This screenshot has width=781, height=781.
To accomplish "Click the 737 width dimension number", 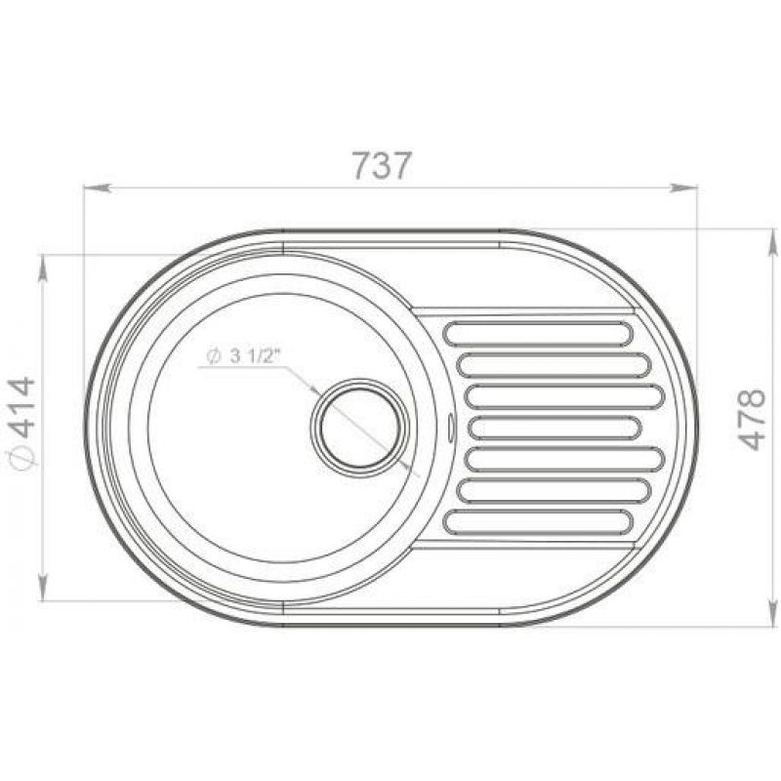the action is (382, 165).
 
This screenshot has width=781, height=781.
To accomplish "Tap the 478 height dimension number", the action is (751, 420).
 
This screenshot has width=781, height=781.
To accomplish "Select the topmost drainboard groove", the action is (538, 334).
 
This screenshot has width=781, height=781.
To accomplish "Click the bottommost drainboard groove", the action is (538, 522).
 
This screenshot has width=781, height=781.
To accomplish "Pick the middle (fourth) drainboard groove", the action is (555, 428).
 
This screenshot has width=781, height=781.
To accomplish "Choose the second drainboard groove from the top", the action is (554, 365).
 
